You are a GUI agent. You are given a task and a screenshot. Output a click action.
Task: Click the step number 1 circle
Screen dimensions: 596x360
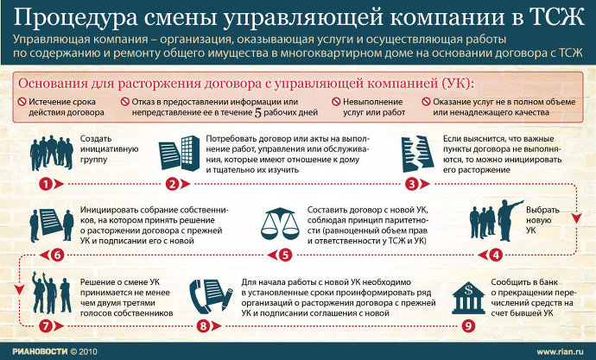click(45, 184)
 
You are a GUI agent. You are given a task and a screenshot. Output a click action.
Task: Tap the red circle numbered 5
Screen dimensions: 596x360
click(285, 255)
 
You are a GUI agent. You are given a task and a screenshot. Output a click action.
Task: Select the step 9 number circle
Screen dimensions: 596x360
click(469, 325)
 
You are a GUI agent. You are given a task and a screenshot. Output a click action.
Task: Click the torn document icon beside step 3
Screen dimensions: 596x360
click(417, 154)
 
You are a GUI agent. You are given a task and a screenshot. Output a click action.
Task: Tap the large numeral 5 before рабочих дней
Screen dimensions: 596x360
click(257, 113)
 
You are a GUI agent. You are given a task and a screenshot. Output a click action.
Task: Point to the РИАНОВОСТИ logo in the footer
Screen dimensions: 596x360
click(40, 351)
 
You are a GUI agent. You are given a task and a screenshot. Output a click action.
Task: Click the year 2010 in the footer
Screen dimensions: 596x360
click(88, 351)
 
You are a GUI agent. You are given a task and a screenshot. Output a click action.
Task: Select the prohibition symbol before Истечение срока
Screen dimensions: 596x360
click(22, 102)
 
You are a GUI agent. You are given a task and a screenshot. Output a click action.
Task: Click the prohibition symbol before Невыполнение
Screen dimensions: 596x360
click(336, 102)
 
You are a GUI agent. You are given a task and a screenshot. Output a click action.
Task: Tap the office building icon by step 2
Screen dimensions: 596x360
click(190, 153)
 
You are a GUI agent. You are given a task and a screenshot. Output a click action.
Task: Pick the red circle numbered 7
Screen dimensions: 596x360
click(45, 325)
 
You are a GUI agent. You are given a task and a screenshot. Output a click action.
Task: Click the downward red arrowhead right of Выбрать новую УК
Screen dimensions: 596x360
click(577, 218)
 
